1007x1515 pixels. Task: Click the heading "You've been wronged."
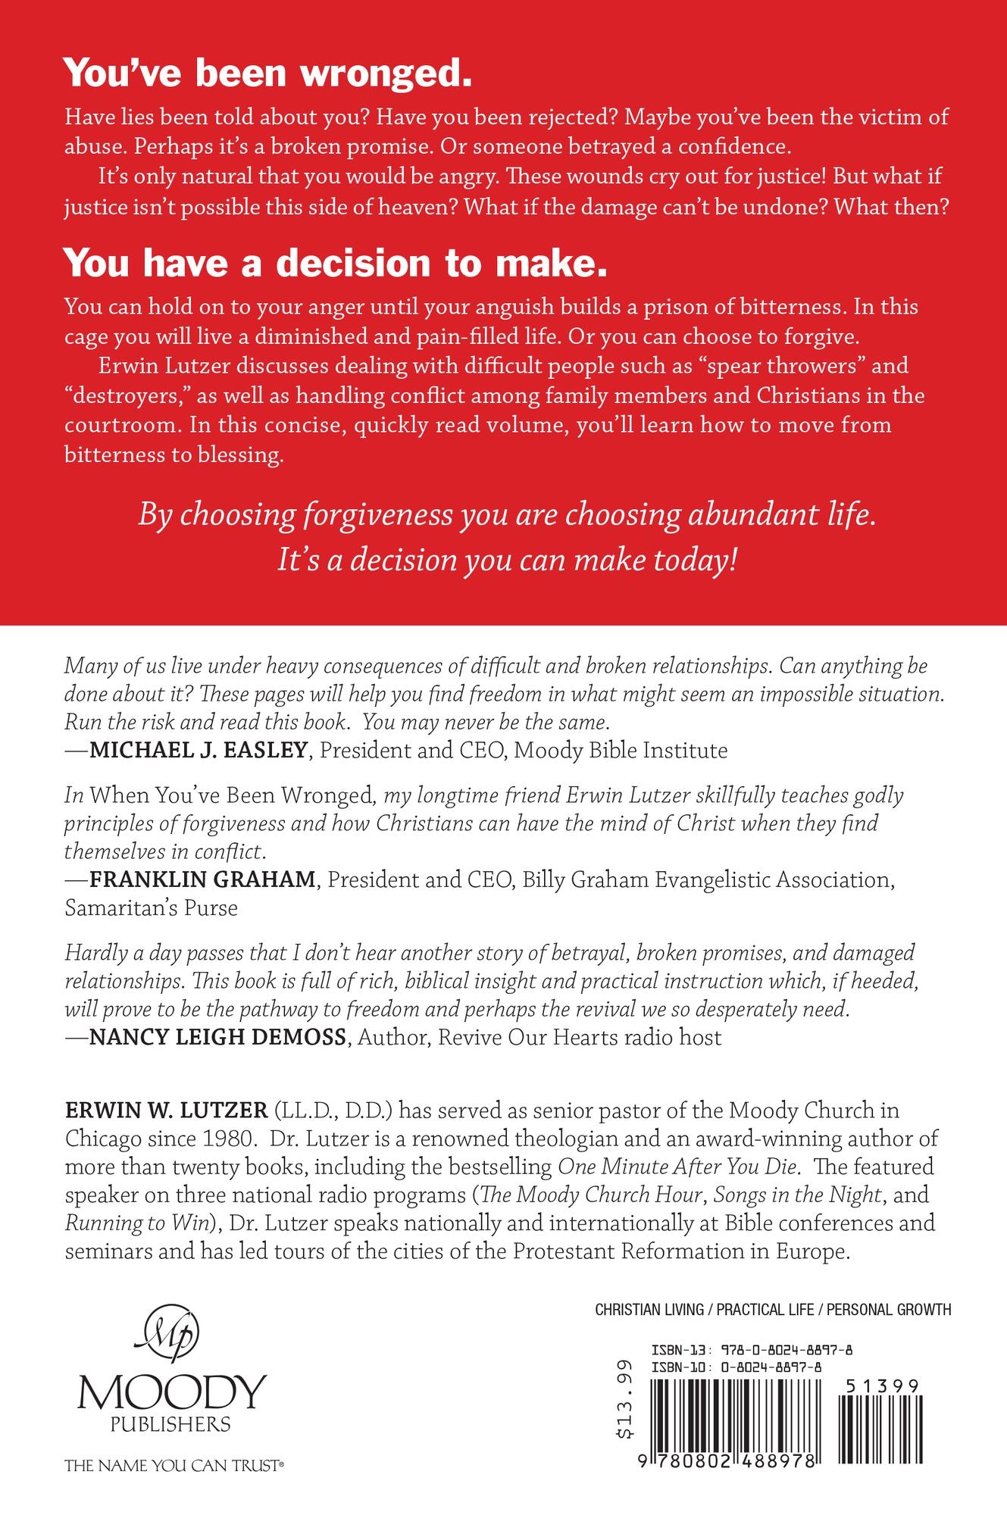pos(268,74)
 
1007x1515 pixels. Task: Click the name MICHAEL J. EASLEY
pos(199,751)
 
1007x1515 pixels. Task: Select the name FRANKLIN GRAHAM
pos(202,879)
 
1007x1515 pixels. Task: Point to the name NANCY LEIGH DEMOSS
pos(217,1037)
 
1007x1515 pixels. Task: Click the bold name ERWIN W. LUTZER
pos(167,1110)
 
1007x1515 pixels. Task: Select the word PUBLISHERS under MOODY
pos(170,1424)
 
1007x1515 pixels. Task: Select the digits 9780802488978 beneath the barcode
pos(727,1460)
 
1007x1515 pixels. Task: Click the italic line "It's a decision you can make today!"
pos(507,561)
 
